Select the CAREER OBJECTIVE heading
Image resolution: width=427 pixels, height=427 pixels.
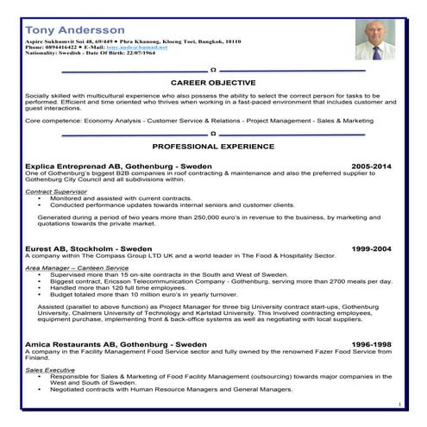pos(212,82)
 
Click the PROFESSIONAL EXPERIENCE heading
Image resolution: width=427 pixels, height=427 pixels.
pos(212,147)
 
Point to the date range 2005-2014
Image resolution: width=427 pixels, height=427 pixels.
pos(371,165)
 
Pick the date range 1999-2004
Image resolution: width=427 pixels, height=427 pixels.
pos(371,248)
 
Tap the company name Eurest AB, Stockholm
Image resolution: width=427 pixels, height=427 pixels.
pos(66,248)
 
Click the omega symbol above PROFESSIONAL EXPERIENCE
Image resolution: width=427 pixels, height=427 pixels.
pos(213,134)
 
